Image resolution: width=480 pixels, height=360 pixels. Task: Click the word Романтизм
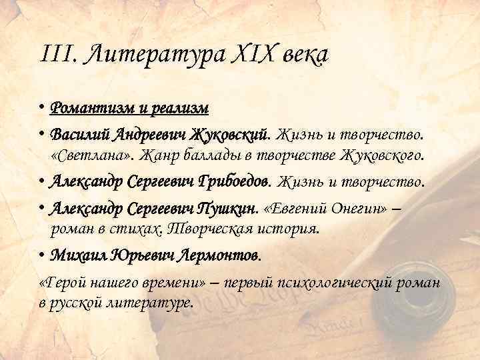[90, 108]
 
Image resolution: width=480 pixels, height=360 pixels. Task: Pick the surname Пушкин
[226, 207]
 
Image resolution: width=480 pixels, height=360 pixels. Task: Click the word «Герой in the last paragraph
[61, 283]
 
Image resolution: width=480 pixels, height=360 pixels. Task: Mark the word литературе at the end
[153, 303]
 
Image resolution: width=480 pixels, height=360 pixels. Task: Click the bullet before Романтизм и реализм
[42, 108]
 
